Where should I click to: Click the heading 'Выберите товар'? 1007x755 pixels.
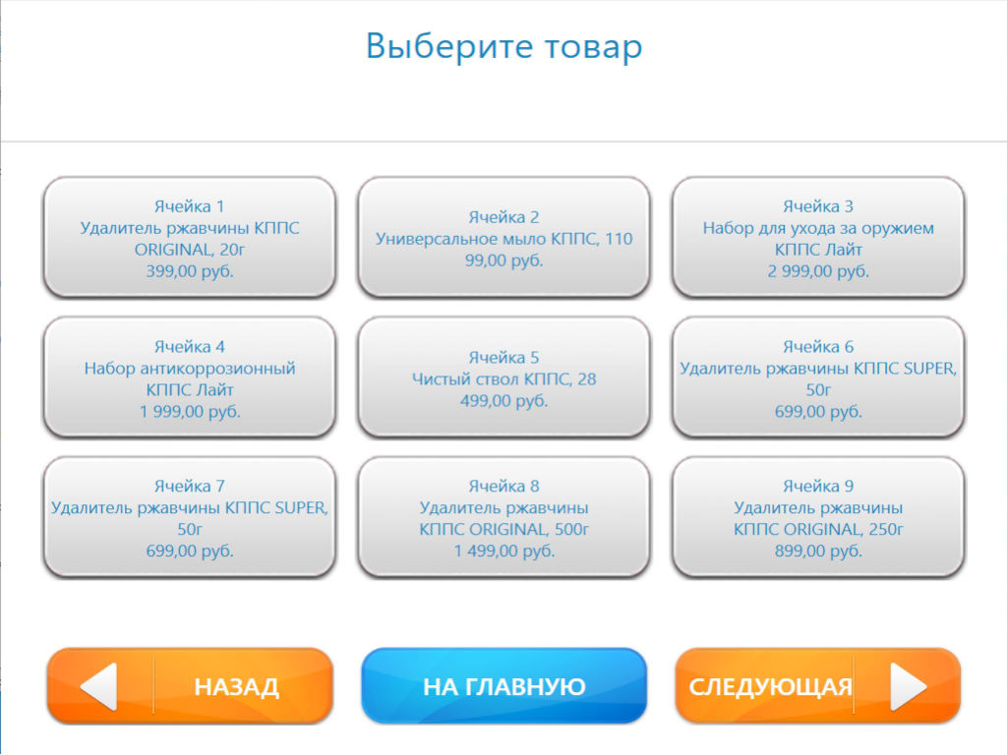(x=504, y=47)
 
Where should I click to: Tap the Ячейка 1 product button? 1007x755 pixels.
(x=190, y=238)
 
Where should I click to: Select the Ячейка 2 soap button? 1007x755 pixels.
(x=504, y=238)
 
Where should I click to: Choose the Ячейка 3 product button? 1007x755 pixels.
(x=818, y=238)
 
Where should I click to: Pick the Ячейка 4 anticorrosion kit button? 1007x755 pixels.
(x=190, y=377)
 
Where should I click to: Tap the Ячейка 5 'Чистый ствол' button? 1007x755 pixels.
(x=504, y=377)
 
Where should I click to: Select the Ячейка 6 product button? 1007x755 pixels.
(x=818, y=377)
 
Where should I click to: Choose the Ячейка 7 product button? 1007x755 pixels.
(x=190, y=517)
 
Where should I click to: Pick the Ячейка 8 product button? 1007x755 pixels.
(x=504, y=517)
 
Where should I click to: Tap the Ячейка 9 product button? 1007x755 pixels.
(x=818, y=517)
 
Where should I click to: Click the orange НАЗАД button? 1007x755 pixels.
(x=190, y=686)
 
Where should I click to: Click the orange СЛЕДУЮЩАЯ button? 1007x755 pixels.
(x=817, y=686)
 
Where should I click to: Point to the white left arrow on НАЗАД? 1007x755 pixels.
(x=99, y=687)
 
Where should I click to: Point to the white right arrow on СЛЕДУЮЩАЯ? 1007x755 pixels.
(x=908, y=687)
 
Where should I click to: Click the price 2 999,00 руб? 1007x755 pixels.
(x=818, y=271)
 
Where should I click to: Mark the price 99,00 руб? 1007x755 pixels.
(x=504, y=261)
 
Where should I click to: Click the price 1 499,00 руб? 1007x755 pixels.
(x=504, y=551)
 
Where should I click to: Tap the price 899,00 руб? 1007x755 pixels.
(x=818, y=551)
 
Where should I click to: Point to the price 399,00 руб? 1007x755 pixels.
(x=190, y=271)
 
